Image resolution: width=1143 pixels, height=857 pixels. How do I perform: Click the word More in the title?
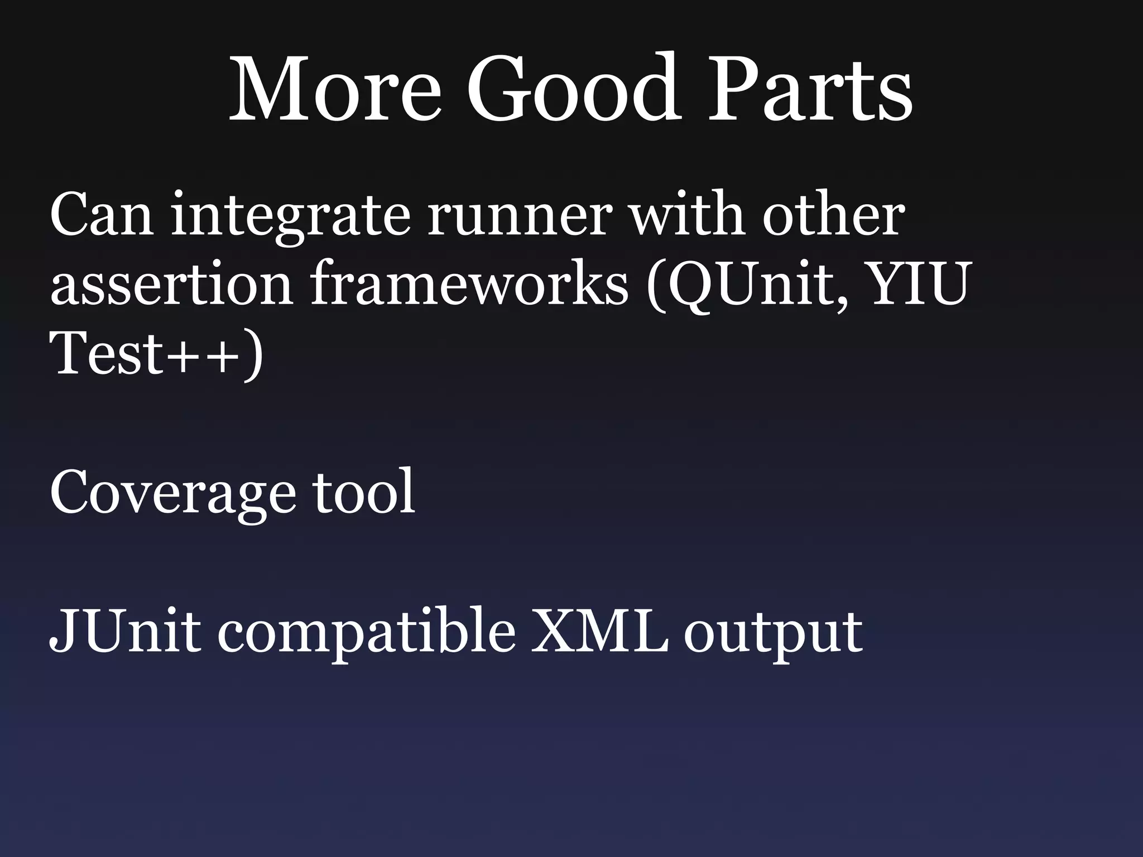point(335,89)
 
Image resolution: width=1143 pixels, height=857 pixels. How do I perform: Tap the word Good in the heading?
point(573,89)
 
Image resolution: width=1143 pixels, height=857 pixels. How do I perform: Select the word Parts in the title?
point(810,89)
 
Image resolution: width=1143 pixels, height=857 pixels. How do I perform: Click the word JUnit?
point(125,630)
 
